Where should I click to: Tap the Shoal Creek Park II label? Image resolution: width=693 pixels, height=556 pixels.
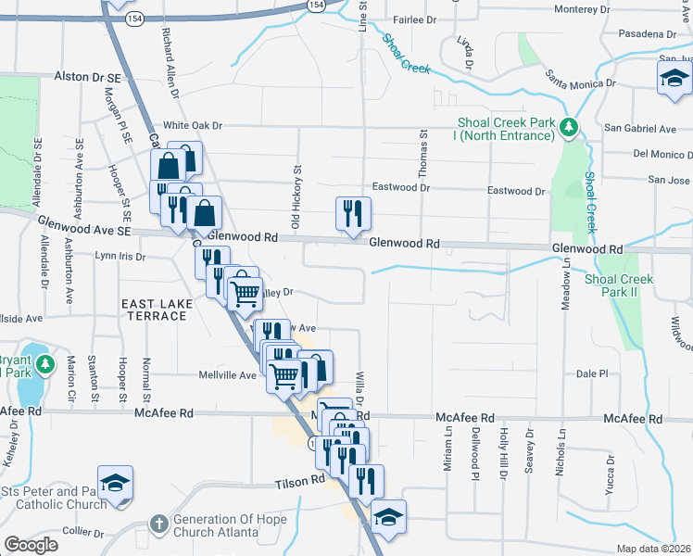pyautogui.click(x=619, y=285)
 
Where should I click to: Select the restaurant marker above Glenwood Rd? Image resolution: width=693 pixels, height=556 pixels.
pyautogui.click(x=353, y=214)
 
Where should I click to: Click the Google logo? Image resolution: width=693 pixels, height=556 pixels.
pyautogui.click(x=31, y=544)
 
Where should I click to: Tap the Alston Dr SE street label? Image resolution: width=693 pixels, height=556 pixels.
pyautogui.click(x=88, y=76)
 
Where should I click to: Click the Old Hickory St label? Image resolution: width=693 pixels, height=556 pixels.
pyautogui.click(x=297, y=197)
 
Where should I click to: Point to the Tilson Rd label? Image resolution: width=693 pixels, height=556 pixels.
pyautogui.click(x=299, y=484)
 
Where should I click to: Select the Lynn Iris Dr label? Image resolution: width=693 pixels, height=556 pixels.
pyautogui.click(x=120, y=256)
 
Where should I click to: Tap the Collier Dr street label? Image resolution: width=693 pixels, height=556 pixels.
pyautogui.click(x=83, y=532)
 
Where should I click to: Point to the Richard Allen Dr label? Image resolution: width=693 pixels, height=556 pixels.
pyautogui.click(x=170, y=62)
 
